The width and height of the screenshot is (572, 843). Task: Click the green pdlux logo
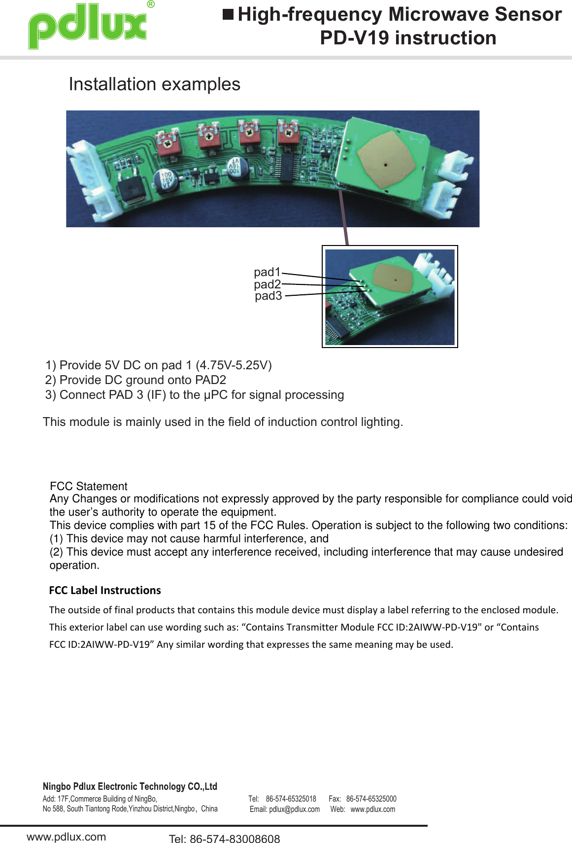point(88,26)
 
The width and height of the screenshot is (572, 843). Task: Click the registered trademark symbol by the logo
point(151,4)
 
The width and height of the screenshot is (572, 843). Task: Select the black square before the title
point(228,14)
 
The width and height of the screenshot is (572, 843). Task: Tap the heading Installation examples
point(154,84)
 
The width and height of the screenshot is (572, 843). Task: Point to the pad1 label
point(267,272)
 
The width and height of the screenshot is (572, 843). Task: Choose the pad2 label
point(267,284)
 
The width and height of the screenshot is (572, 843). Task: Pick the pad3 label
point(269,296)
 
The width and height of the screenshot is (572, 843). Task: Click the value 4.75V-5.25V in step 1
point(234,365)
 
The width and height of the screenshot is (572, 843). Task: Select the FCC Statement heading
point(89,486)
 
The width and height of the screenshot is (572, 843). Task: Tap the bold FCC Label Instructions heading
point(105,590)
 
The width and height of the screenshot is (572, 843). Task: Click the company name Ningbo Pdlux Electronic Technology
point(130,786)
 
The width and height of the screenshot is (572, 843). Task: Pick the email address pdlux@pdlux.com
point(294,809)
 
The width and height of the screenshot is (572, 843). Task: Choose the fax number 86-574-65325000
point(371,799)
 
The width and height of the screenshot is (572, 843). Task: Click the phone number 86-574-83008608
point(235,839)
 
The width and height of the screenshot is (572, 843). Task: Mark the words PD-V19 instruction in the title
point(408,38)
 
